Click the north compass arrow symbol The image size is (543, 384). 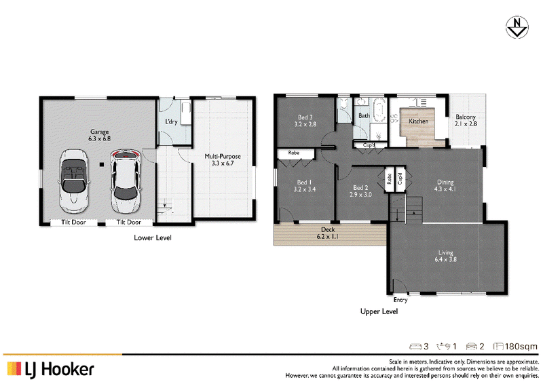pyautogui.click(x=517, y=27)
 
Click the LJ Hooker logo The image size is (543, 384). pyautogui.click(x=50, y=370)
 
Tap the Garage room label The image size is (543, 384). pyautogui.click(x=99, y=132)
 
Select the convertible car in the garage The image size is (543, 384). pyautogui.click(x=73, y=181)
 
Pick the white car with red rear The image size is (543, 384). pyautogui.click(x=126, y=181)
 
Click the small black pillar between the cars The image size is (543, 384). pyautogui.click(x=101, y=164)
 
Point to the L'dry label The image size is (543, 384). pyautogui.click(x=171, y=121)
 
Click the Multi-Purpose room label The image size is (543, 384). pyautogui.click(x=223, y=156)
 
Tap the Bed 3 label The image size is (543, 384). pyautogui.click(x=305, y=117)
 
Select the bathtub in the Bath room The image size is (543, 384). pyautogui.click(x=379, y=109)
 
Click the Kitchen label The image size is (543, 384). pyautogui.click(x=418, y=121)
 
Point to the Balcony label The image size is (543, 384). pyautogui.click(x=466, y=117)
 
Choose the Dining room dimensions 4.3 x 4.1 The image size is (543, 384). pyautogui.click(x=445, y=189)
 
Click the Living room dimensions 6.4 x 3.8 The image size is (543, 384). pyautogui.click(x=446, y=259)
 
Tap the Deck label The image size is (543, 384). pyautogui.click(x=328, y=229)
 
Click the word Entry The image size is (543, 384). pyautogui.click(x=400, y=300)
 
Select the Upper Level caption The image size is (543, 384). pyautogui.click(x=379, y=311)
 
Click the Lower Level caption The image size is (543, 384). pyautogui.click(x=153, y=237)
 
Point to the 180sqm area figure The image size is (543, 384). pyautogui.click(x=521, y=346)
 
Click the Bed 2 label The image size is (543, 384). pyautogui.click(x=360, y=188)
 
